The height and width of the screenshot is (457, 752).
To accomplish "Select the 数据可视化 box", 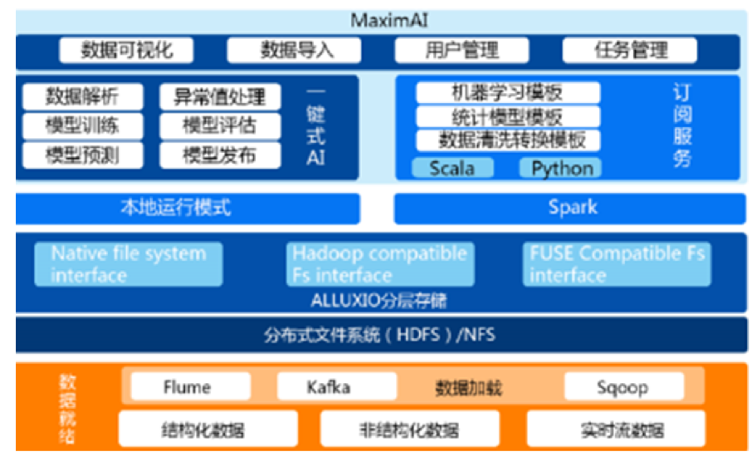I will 126,51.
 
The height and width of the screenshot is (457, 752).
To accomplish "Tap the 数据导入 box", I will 296,51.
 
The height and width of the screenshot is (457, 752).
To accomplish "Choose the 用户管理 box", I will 462,51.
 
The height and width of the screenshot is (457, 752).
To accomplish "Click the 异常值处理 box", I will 220,97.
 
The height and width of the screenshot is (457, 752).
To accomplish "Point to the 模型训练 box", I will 82,126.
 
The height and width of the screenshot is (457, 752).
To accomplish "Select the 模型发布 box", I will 220,155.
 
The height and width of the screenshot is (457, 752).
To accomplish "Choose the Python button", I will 562,169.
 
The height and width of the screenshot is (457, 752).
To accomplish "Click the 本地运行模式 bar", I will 188,208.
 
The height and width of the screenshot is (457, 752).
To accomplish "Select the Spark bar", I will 572,208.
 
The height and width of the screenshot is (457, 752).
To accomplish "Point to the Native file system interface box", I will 128,264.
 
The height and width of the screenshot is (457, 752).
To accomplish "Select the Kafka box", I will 329,387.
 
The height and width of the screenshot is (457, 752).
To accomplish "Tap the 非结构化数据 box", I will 412,430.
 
